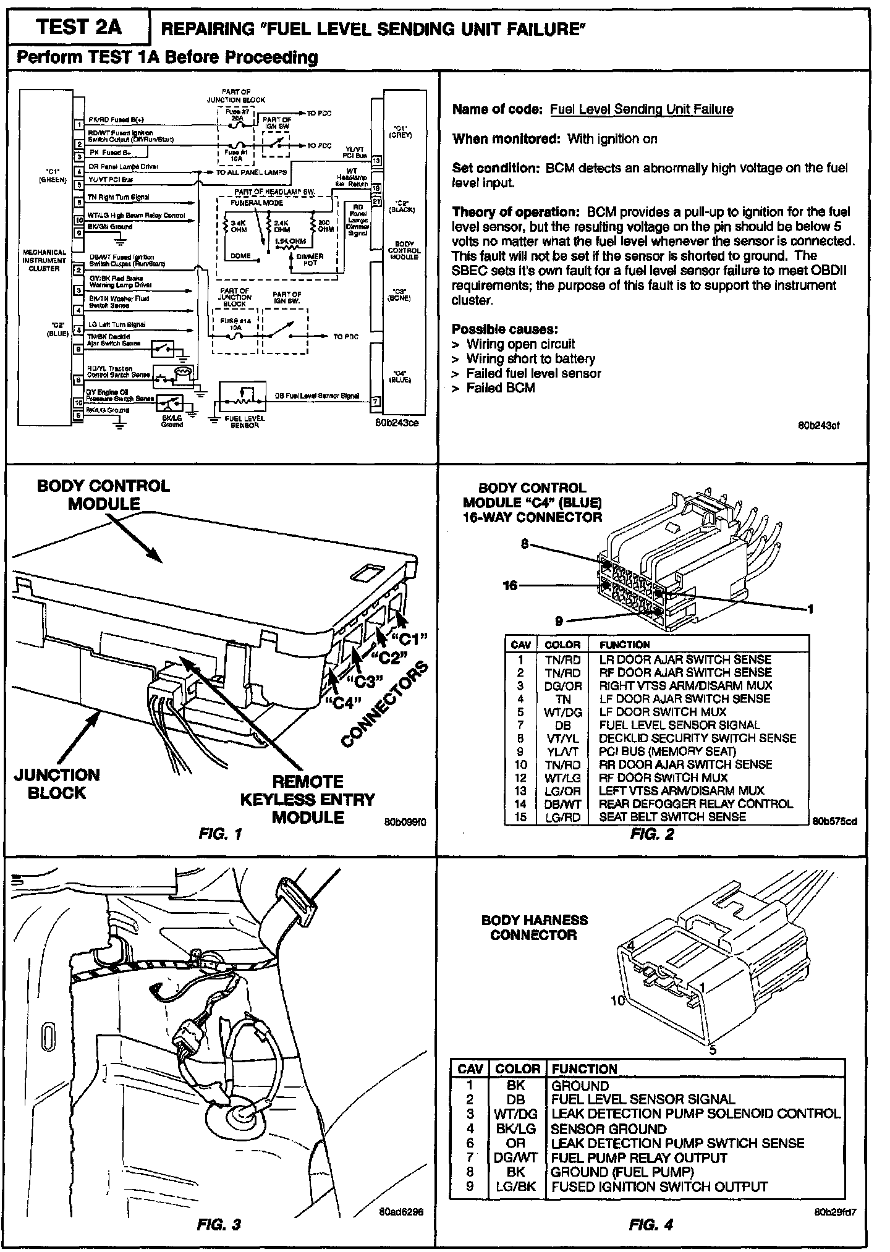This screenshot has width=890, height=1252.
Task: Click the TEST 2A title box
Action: click(x=78, y=28)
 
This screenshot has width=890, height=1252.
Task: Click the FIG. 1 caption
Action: click(x=220, y=834)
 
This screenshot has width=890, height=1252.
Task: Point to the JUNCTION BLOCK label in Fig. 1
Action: click(x=57, y=784)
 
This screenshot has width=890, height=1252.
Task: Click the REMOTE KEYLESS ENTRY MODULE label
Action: click(x=307, y=799)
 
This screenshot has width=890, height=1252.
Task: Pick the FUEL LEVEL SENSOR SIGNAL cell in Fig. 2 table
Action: click(x=679, y=725)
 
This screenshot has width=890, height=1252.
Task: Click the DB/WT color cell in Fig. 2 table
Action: click(x=563, y=804)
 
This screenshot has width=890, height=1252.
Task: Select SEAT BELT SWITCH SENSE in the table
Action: click(x=672, y=817)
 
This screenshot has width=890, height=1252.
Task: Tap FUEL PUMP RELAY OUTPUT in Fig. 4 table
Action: click(x=638, y=1157)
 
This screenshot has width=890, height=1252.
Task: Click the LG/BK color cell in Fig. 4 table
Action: click(x=515, y=1187)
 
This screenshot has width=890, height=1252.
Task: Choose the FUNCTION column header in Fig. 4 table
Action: click(x=584, y=1068)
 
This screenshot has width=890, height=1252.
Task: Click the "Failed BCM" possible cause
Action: click(x=500, y=388)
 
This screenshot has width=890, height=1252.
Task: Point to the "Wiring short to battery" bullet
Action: click(x=530, y=358)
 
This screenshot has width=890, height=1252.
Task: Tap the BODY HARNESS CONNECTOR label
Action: click(x=534, y=928)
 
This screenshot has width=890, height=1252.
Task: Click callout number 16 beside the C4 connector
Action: click(x=510, y=585)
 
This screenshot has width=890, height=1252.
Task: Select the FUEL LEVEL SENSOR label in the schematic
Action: click(x=244, y=421)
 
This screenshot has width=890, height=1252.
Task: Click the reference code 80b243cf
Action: click(x=819, y=425)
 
